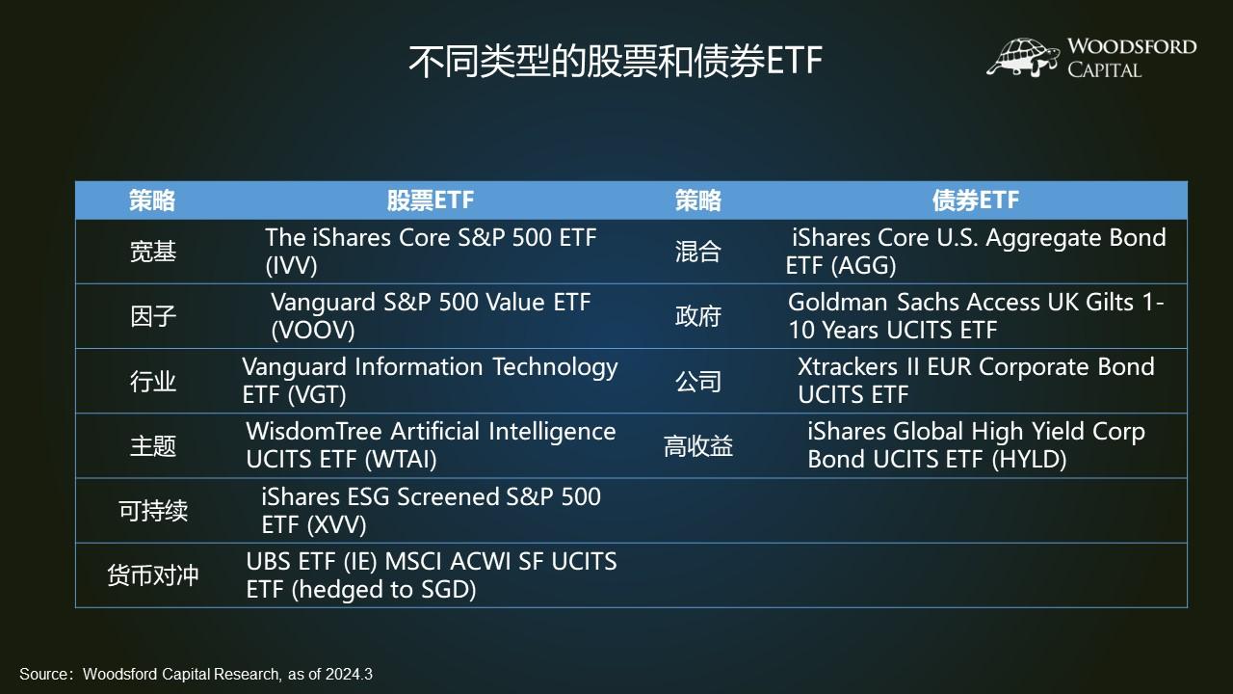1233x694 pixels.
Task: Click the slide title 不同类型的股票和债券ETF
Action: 615,61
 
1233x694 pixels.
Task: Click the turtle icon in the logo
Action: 1023,57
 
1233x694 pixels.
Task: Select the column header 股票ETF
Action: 431,200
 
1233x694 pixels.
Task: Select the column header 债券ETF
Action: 975,200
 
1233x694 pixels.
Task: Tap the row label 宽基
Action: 153,252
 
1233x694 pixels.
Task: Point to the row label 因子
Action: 153,316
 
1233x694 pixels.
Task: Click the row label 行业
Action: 153,381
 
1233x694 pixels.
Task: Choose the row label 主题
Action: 153,445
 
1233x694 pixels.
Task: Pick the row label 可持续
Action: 153,510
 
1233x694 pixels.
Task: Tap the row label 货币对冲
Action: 153,575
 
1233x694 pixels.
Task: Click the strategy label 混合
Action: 698,252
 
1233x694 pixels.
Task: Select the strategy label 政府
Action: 698,316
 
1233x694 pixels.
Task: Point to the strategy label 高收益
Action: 698,445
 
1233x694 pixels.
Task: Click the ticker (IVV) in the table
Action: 291,265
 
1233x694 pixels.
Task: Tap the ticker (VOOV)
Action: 313,330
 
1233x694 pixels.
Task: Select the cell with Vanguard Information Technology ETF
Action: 430,381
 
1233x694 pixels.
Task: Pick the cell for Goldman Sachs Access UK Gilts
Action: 975,316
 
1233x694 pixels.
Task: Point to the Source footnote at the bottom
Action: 196,674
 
